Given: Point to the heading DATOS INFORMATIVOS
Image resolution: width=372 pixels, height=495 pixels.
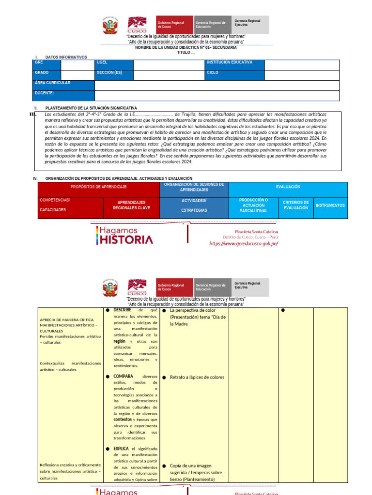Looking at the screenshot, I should [66, 57].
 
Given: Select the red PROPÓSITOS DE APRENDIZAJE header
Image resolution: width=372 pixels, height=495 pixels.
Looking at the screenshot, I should [99, 187].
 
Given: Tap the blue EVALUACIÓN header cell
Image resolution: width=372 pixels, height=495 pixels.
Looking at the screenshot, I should [288, 187].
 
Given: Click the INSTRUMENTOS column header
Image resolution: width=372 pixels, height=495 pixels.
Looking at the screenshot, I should [330, 205].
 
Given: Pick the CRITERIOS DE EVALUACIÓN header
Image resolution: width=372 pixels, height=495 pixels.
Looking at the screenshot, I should [295, 205].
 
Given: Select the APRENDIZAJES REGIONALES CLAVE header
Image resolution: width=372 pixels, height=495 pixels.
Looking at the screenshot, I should [131, 205].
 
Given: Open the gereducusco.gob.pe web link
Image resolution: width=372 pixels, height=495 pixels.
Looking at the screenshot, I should [244, 244].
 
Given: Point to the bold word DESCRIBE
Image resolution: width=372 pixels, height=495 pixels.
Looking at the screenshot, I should [123, 310].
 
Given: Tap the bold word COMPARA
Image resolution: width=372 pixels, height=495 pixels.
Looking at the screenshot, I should [123, 376].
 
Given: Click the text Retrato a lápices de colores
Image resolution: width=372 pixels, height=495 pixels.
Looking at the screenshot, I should [197, 377].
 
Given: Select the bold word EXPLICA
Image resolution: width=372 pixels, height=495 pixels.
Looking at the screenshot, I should [121, 449].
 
